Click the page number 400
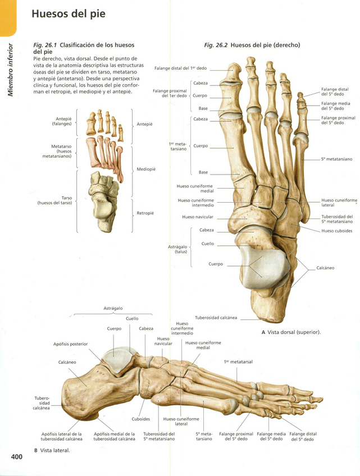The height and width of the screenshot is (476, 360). [16, 457]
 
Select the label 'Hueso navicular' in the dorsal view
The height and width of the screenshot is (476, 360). [196, 217]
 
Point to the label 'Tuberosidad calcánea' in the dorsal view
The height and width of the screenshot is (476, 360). [216, 318]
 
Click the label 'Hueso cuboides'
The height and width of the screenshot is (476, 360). [336, 231]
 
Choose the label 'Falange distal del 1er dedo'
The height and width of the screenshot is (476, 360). [180, 68]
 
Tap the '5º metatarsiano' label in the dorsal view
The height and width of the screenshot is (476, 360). [336, 159]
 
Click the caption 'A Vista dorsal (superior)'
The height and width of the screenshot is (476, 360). [291, 332]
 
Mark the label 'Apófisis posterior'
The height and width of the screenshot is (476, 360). [70, 344]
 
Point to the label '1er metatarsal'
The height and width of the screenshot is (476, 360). [238, 362]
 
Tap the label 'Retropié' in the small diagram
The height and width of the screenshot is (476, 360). [145, 213]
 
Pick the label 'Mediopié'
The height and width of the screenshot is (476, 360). [146, 169]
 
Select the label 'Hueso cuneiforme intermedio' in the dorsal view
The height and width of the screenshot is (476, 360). [196, 203]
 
